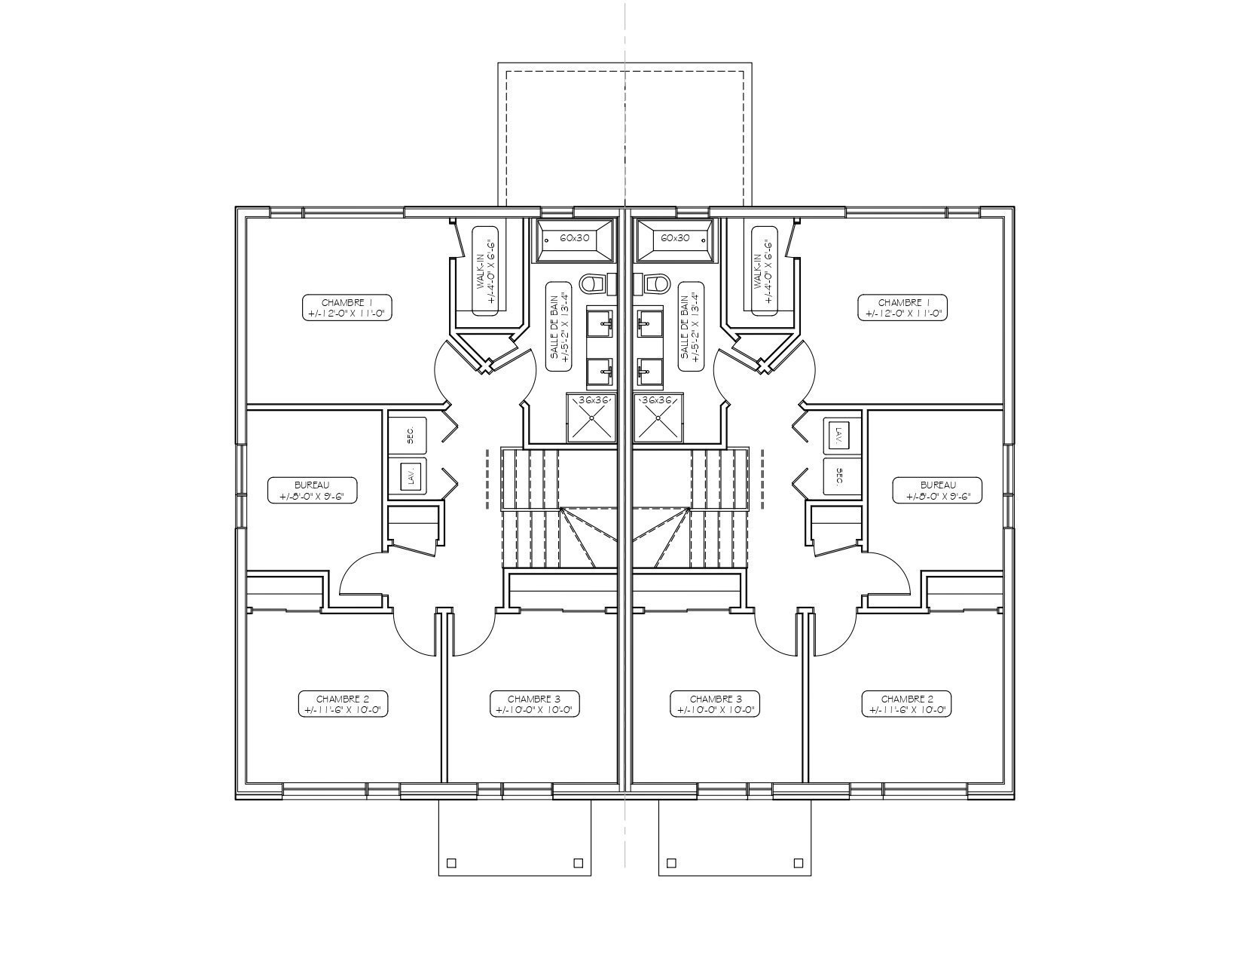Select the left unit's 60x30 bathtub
574,238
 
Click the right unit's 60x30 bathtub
675,238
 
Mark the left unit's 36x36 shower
591,417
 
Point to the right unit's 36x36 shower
658,417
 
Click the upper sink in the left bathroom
602,323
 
